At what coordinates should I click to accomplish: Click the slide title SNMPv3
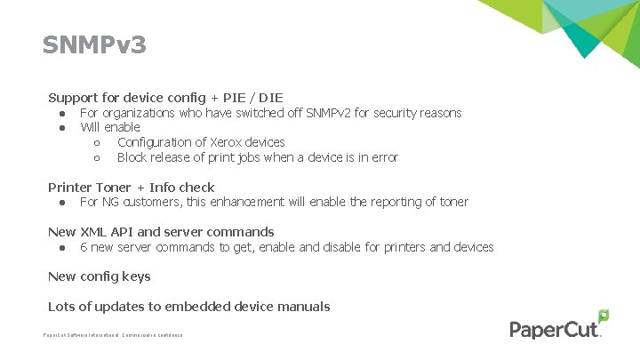coord(94,44)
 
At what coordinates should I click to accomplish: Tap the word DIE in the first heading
coord(270,97)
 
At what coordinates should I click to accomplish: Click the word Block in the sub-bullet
coord(132,157)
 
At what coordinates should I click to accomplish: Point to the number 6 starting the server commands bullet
coord(84,247)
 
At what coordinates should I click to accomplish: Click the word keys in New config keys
coord(136,276)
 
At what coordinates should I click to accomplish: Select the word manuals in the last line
coord(304,307)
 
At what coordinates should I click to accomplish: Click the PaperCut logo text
coord(555,330)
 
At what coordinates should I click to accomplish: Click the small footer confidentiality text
coord(113,335)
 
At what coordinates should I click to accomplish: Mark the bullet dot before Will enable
coord(63,128)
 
